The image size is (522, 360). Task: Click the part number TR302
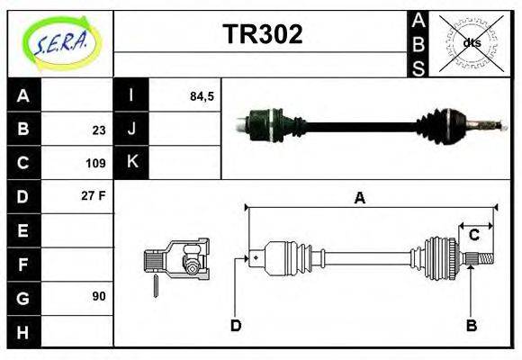(x=262, y=34)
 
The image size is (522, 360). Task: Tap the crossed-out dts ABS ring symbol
(x=471, y=43)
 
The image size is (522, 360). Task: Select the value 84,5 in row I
(x=202, y=95)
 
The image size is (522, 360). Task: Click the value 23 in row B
(x=99, y=130)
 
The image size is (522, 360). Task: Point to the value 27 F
(x=94, y=194)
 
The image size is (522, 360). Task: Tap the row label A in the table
(x=23, y=95)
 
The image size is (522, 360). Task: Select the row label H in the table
(x=23, y=331)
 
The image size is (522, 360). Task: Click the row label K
(x=131, y=163)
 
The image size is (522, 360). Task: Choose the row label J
(x=131, y=129)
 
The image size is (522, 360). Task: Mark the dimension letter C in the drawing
(x=473, y=236)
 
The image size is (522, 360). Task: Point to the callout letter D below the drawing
(x=236, y=326)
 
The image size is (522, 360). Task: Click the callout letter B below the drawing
(x=471, y=326)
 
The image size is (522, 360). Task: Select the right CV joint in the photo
(x=450, y=123)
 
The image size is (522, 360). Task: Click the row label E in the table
(x=23, y=231)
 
